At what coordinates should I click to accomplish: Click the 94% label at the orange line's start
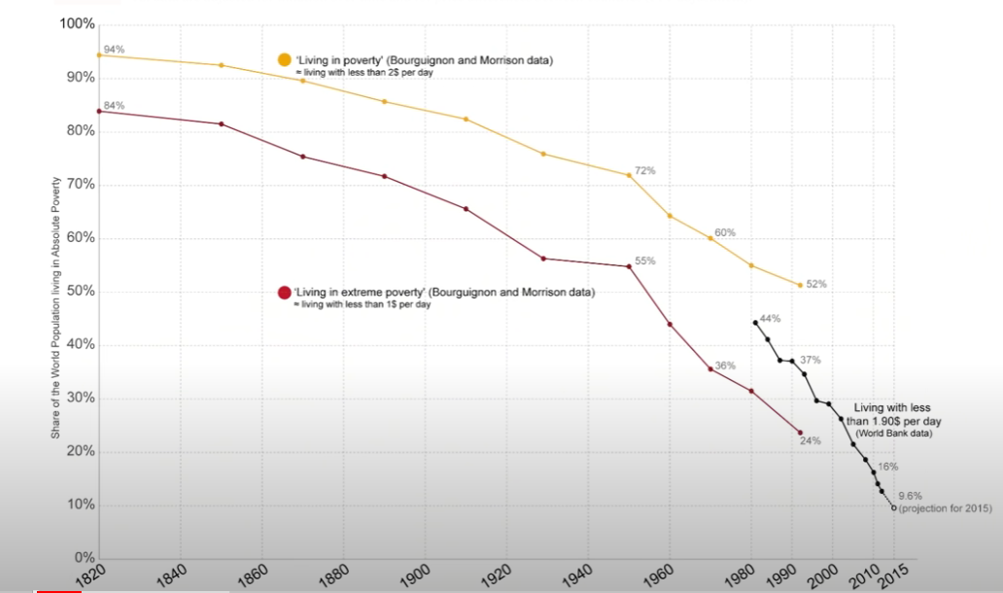coord(115,49)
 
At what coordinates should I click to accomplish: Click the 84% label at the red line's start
coord(115,105)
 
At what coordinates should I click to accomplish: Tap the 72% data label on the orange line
coord(645,170)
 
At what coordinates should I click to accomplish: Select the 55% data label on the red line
coord(645,261)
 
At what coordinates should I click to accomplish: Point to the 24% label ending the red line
coord(811,440)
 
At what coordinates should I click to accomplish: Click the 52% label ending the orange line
coord(815,284)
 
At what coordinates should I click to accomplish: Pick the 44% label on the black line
coord(770,318)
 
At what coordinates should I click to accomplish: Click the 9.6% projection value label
coord(911,495)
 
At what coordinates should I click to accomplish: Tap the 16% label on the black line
coord(888,467)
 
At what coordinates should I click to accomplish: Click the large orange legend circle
coord(285,60)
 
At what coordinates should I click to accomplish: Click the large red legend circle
coord(285,293)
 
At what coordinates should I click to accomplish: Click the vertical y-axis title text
coord(55,306)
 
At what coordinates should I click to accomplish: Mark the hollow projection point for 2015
coord(894,506)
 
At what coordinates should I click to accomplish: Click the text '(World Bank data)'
coord(894,434)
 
